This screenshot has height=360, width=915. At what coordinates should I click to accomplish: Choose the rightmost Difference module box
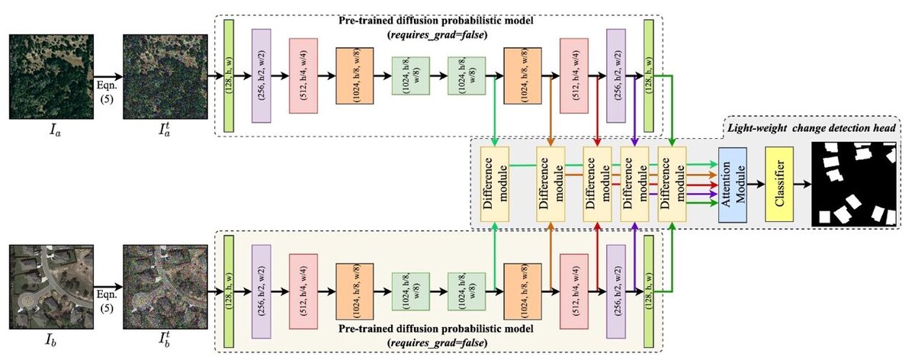pyautogui.click(x=673, y=185)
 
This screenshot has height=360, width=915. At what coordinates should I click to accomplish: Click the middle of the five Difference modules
pyautogui.click(x=597, y=185)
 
